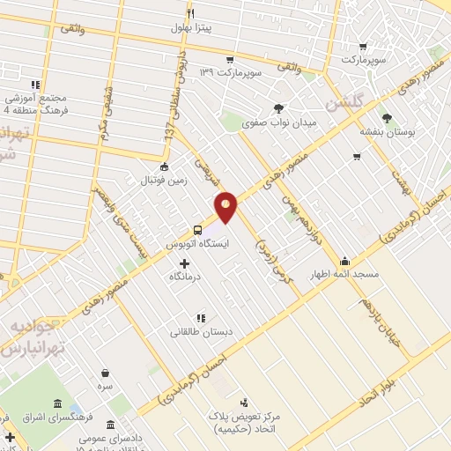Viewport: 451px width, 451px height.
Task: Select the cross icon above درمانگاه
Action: tap(184, 263)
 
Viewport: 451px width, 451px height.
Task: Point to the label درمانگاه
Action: tap(187, 277)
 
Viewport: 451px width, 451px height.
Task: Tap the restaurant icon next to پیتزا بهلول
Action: tap(190, 14)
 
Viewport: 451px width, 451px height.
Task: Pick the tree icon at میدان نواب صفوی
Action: tap(279, 107)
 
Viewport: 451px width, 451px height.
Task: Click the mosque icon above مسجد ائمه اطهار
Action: tap(344, 261)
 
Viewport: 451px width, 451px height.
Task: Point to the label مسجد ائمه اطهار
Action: tap(344, 275)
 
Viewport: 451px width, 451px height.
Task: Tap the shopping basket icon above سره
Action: tap(106, 373)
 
